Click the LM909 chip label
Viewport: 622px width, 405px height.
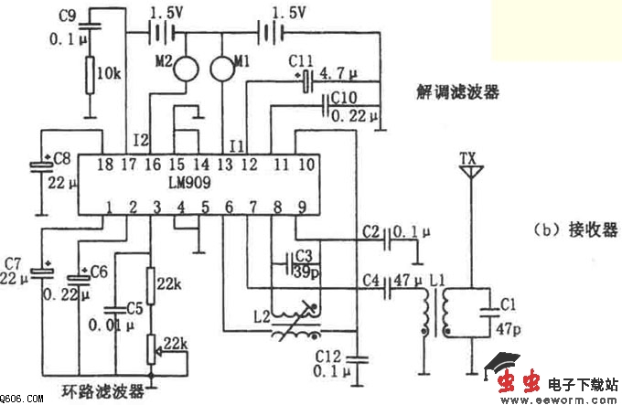pyautogui.click(x=188, y=183)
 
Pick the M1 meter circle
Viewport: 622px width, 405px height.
pyautogui.click(x=222, y=67)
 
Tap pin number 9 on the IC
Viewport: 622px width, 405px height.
pyautogui.click(x=302, y=206)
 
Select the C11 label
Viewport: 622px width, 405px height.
pyautogui.click(x=301, y=59)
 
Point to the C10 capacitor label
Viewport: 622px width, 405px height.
pyautogui.click(x=343, y=95)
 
